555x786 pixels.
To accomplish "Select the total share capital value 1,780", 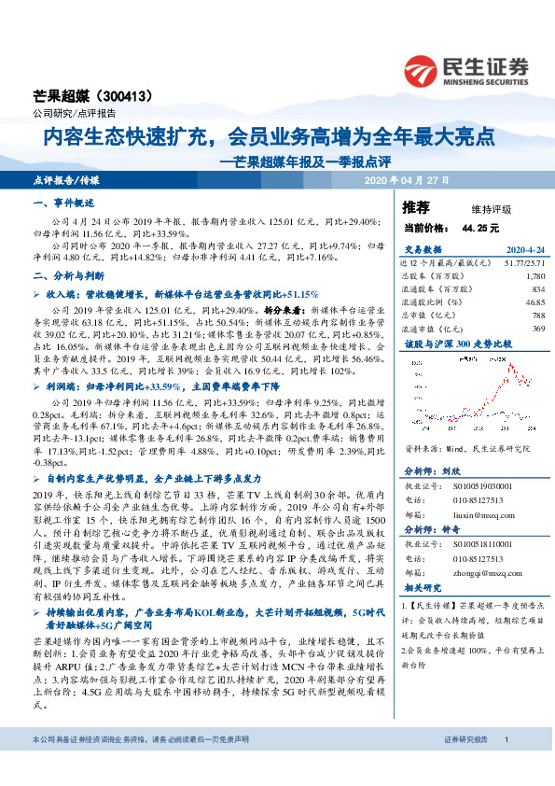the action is click(534, 277).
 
